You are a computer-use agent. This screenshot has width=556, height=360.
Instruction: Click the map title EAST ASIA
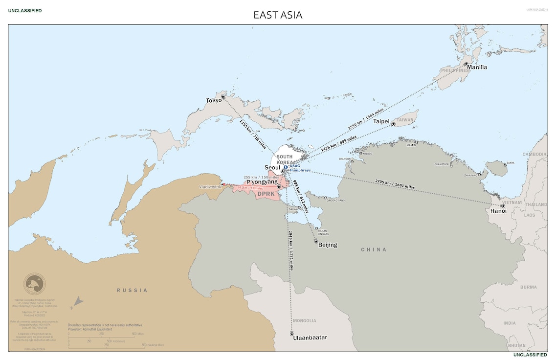[278, 15]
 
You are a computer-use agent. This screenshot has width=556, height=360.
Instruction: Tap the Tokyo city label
[214, 101]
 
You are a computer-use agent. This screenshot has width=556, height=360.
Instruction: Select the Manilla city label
[477, 67]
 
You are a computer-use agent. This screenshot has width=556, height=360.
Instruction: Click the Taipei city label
[381, 121]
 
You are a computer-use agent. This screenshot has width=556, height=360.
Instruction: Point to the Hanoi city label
[498, 211]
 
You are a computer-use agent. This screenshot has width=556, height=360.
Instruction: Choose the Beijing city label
[328, 245]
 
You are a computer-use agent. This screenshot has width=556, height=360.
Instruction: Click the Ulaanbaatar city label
[310, 337]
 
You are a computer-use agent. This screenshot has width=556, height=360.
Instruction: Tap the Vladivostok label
[210, 187]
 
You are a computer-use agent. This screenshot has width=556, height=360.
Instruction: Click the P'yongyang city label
[262, 182]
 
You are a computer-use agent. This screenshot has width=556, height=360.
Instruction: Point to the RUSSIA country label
[132, 291]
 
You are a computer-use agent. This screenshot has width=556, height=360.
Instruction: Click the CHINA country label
[374, 249]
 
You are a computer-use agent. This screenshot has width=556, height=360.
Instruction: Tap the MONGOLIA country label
[305, 321]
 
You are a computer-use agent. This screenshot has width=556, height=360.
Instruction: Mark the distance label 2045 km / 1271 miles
[291, 250]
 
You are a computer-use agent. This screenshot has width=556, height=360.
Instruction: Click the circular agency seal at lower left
[35, 284]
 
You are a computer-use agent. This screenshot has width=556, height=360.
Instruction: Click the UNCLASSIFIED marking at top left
[25, 11]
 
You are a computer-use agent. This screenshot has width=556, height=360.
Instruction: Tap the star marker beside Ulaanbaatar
[292, 334]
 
